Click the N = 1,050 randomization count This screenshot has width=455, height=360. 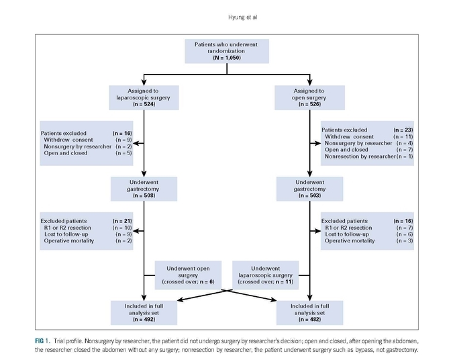coord(227,58)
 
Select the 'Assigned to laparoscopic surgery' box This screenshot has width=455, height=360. coord(144,97)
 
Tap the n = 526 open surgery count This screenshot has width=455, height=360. coord(309,104)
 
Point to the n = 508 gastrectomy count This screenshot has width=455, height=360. coord(144,195)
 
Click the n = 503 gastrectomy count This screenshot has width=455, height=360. coord(309,195)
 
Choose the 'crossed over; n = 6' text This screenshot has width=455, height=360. coord(188,281)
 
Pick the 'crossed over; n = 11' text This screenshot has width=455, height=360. coord(266,281)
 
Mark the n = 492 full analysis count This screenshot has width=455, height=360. coord(144,319)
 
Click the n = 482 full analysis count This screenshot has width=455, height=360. coord(309,319)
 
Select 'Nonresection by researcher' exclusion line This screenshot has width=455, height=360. coord(360,156)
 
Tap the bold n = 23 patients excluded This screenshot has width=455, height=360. coord(403,130)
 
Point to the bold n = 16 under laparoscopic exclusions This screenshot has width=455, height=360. coord(122,133)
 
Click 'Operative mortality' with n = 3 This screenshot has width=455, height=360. coord(350,240)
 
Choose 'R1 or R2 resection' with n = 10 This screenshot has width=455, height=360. coord(68,228)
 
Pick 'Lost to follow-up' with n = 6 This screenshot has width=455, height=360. coord(347,234)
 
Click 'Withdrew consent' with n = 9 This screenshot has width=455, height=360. coord(68,140)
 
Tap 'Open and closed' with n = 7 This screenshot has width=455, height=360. coord(346,150)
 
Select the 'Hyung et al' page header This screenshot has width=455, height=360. coord(242,17)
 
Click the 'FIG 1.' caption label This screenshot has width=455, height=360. coord(43,341)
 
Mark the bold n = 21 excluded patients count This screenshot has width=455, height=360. coord(122,221)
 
